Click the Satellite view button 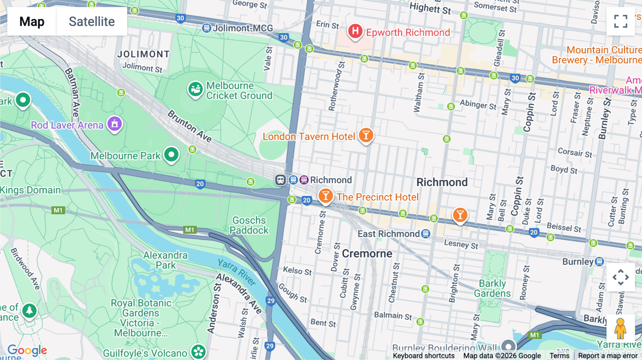92,21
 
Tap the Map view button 32,21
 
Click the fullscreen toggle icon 621,21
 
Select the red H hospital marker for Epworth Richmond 355,31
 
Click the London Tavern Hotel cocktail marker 366,135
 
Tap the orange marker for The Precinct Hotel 325,196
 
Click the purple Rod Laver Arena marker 114,124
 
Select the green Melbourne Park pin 171,155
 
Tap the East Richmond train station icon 425,234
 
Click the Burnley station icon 599,262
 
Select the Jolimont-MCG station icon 206,28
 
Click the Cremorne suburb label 367,253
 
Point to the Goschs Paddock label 249,225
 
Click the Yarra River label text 237,272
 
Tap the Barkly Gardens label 492,288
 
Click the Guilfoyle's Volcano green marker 198,351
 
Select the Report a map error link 607,355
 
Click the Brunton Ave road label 189,126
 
